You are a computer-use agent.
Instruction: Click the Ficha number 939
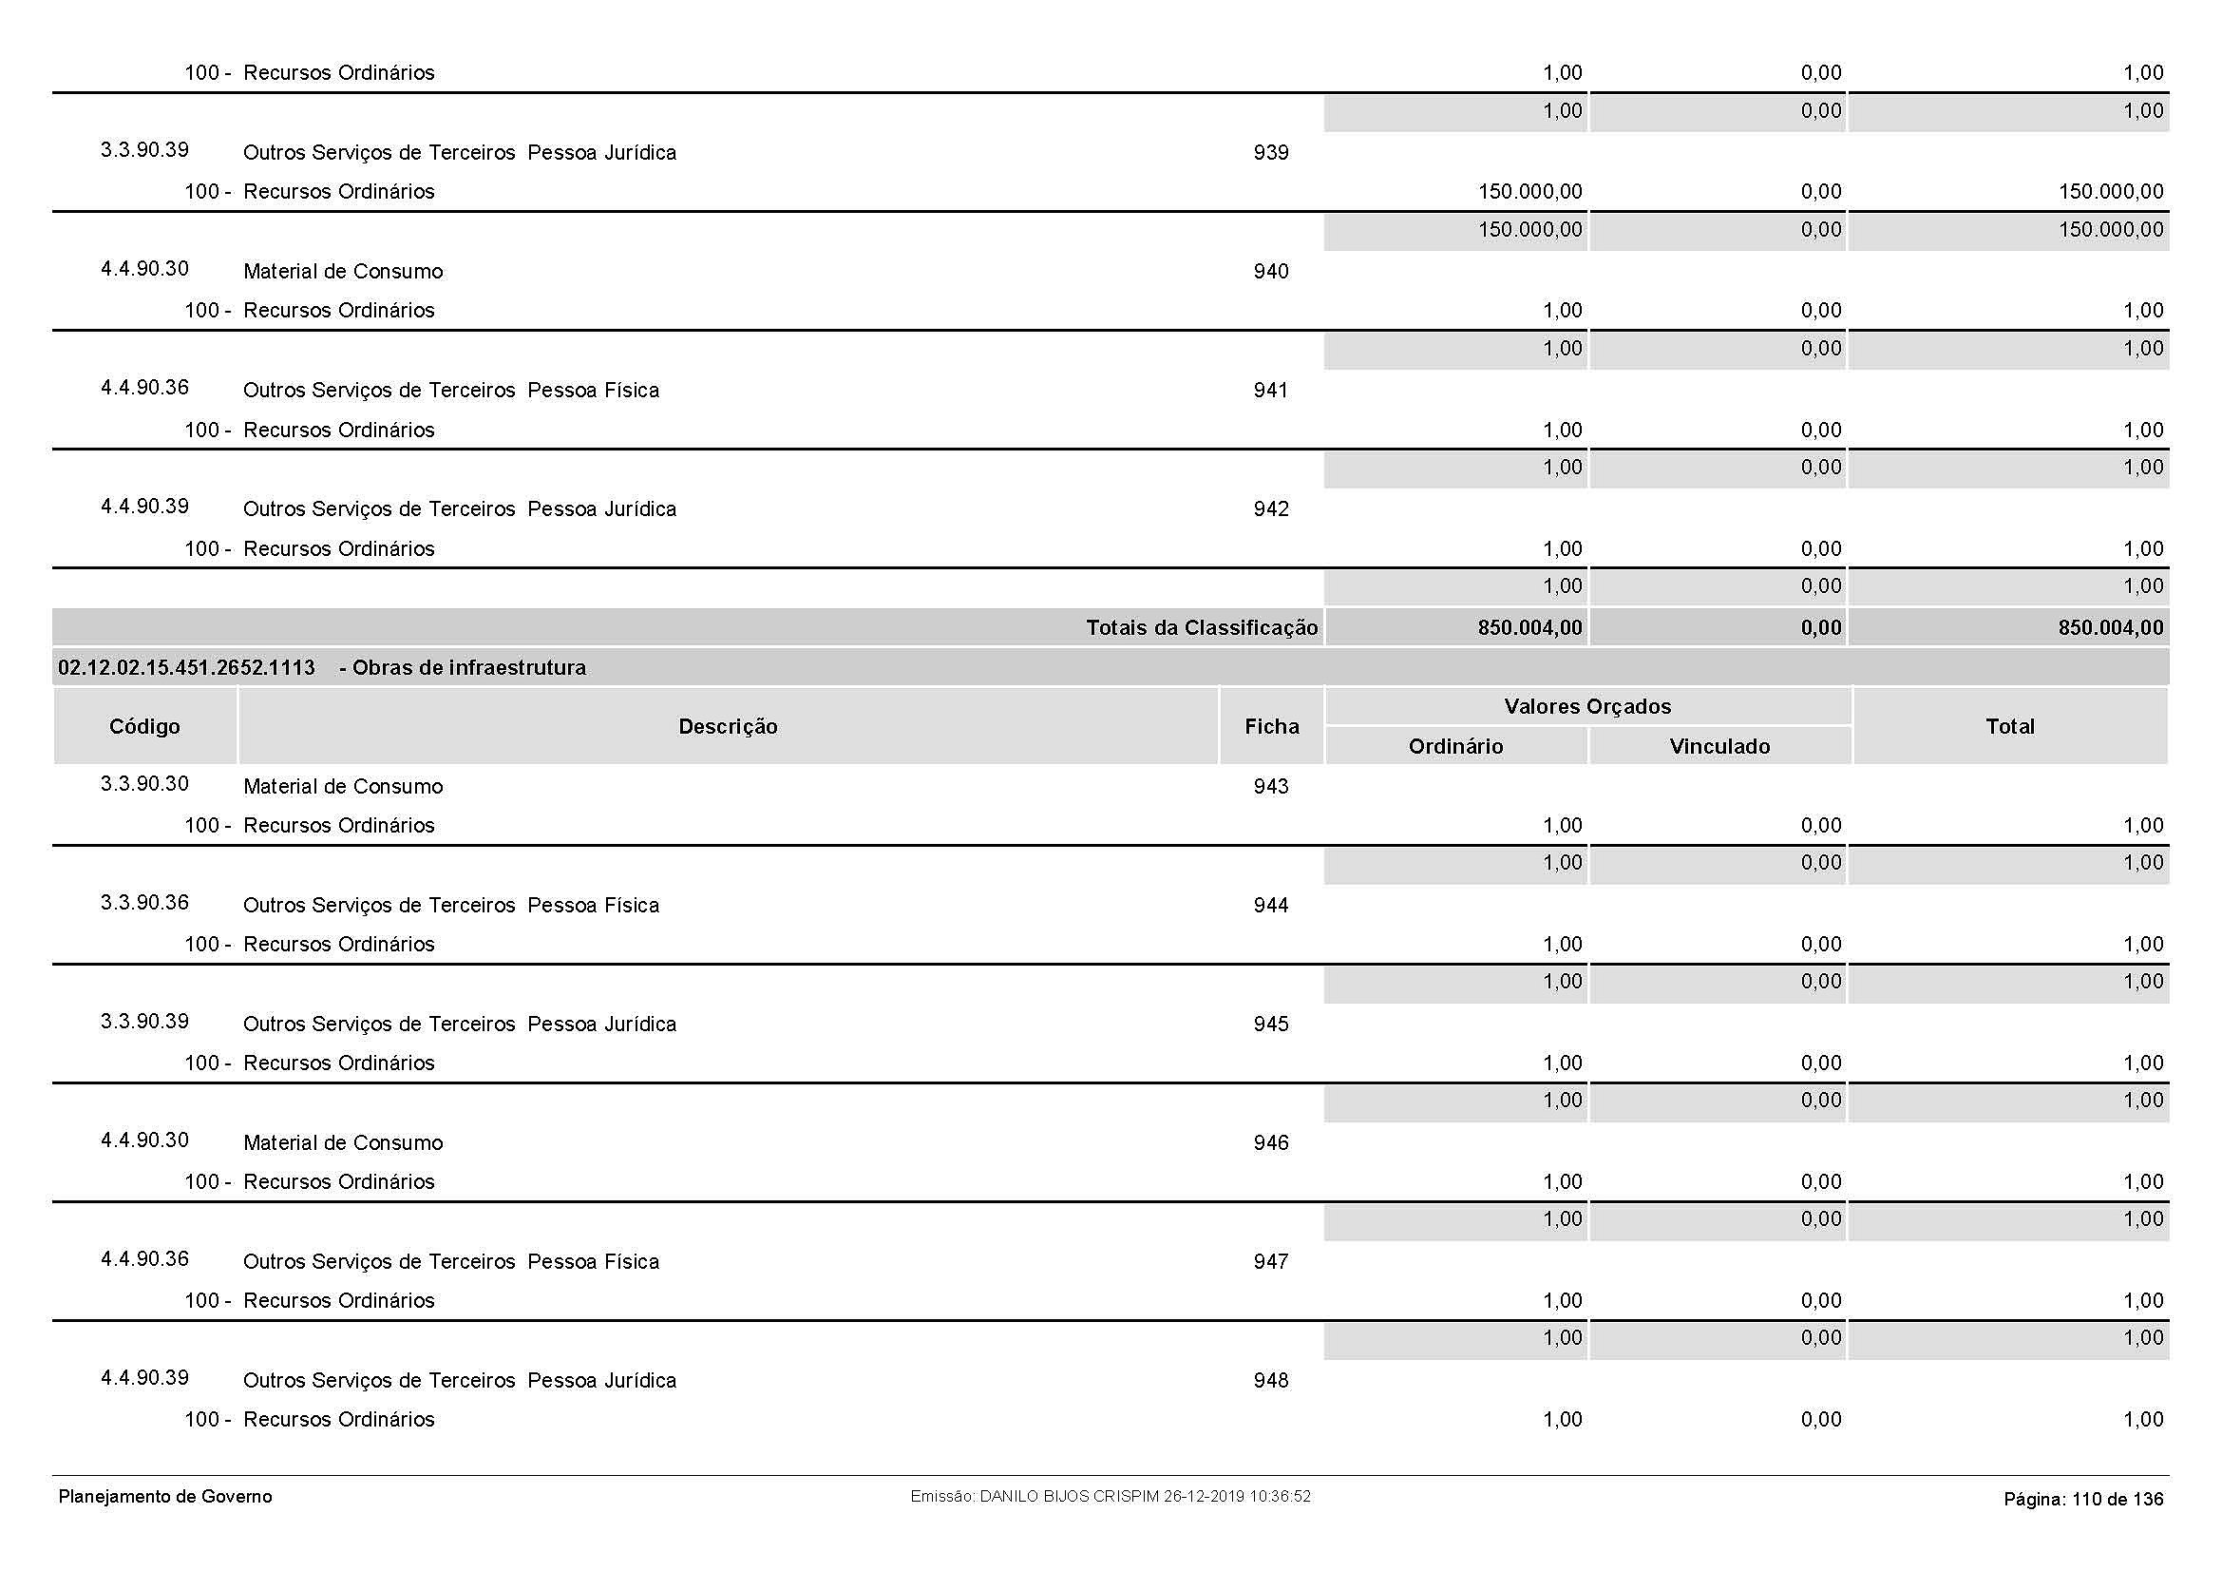coord(1271,153)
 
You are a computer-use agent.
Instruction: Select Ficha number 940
coord(1271,272)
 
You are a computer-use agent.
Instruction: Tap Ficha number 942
coord(1271,509)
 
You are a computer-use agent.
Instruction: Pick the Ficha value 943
coord(1271,787)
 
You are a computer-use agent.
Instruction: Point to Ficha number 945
coord(1271,1025)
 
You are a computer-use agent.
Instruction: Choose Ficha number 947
coord(1271,1262)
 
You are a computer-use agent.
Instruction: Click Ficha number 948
coord(1271,1381)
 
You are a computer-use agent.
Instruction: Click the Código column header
coord(144,727)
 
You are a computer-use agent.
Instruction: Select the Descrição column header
coord(728,727)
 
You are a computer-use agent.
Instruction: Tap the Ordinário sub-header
coord(1455,746)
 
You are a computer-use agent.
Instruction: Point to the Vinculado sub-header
coord(1719,746)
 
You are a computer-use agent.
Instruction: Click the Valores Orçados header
coord(1587,706)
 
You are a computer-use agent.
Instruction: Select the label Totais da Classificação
coord(1201,628)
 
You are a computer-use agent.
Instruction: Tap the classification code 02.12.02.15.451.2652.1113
coord(187,668)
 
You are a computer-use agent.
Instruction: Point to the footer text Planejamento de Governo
coord(165,1497)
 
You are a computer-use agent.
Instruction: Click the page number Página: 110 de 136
coord(2082,1500)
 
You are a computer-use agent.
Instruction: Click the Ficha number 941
coord(1271,391)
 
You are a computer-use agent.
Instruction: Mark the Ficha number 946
coord(1271,1143)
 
